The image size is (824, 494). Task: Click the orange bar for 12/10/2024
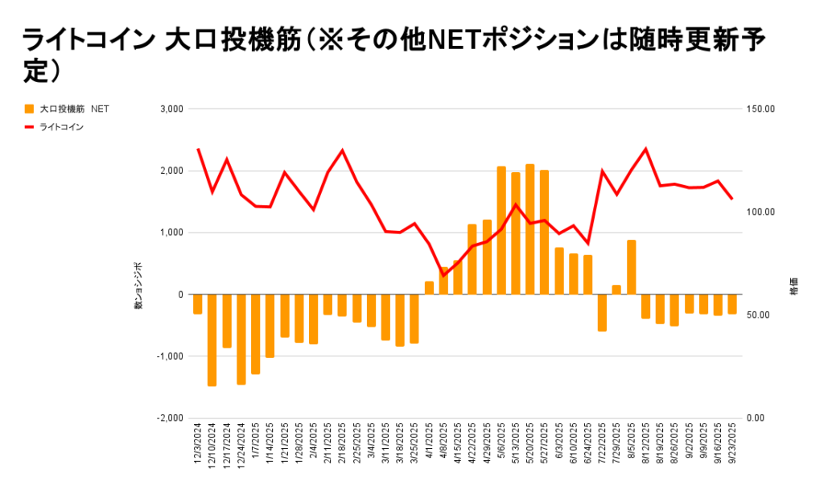tap(212, 340)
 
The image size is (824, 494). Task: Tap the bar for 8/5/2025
tap(631, 267)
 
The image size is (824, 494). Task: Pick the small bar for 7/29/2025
tap(616, 290)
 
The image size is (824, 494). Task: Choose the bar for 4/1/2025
tap(429, 288)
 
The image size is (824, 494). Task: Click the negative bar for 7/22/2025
tap(602, 312)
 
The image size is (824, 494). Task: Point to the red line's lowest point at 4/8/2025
tap(443, 275)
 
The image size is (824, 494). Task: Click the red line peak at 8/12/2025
tap(645, 149)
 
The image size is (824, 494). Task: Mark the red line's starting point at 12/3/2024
tap(198, 149)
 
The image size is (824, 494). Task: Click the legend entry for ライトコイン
tap(61, 126)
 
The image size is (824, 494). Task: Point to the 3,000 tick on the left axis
tap(173, 109)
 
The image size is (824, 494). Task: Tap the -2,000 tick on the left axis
tap(171, 418)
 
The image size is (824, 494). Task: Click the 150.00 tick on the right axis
tap(761, 109)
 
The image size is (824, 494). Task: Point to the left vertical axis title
tap(138, 286)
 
